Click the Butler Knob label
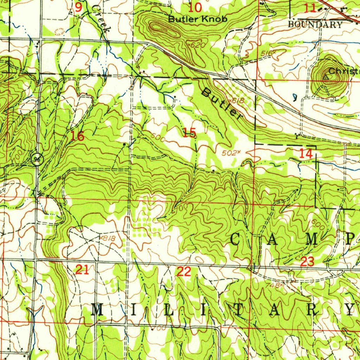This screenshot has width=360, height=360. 198,19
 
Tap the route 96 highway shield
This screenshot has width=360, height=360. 37,159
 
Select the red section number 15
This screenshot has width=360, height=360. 189,133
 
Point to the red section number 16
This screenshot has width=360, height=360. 77,136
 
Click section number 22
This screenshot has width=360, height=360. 184,271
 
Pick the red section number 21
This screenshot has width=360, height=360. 82,270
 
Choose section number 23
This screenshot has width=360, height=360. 307,262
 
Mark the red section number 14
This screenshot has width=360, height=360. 306,153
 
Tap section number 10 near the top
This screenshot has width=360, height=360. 195,7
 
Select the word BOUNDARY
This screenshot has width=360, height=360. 315,25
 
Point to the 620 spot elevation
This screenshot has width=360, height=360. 194,45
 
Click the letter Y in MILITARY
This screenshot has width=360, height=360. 349,309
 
